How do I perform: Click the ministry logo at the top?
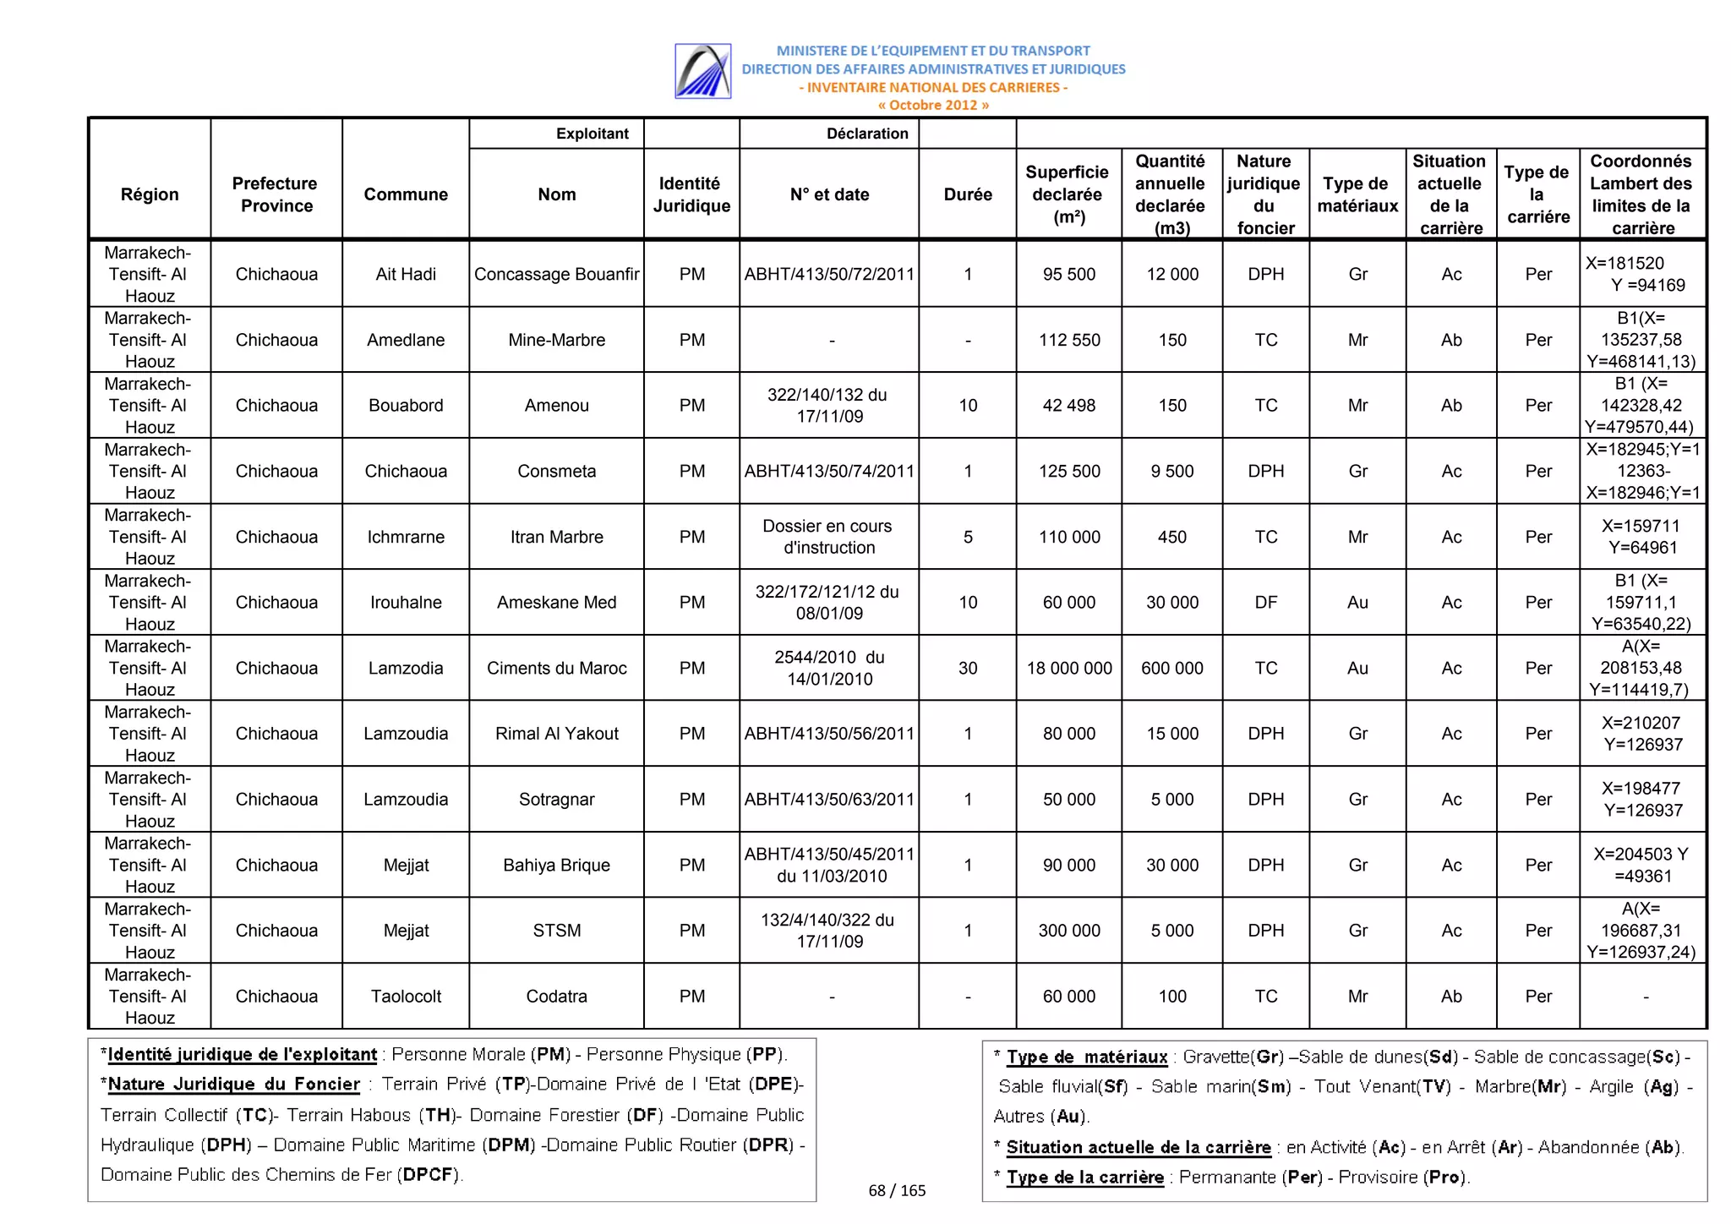tap(702, 71)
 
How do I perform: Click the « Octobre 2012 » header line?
tap(932, 106)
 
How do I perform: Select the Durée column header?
tap(967, 194)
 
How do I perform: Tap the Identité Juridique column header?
tap(691, 194)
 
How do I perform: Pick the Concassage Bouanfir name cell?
tap(556, 274)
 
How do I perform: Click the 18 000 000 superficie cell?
tap(1068, 668)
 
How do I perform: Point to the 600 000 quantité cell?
tap(1171, 668)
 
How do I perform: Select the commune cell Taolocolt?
tap(406, 996)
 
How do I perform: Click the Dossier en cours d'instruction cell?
tap(828, 537)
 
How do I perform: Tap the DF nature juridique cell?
tap(1265, 602)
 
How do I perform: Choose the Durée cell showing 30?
tap(967, 668)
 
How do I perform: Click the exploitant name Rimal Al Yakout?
tap(556, 734)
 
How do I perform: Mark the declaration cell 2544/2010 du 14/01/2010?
tap(828, 668)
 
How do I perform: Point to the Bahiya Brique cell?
tap(556, 865)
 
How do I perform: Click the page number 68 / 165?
tap(897, 1190)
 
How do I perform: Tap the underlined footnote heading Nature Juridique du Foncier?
tap(234, 1084)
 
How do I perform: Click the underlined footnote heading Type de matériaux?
tap(1086, 1057)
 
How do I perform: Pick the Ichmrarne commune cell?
tap(406, 537)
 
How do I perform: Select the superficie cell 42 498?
tap(1068, 405)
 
